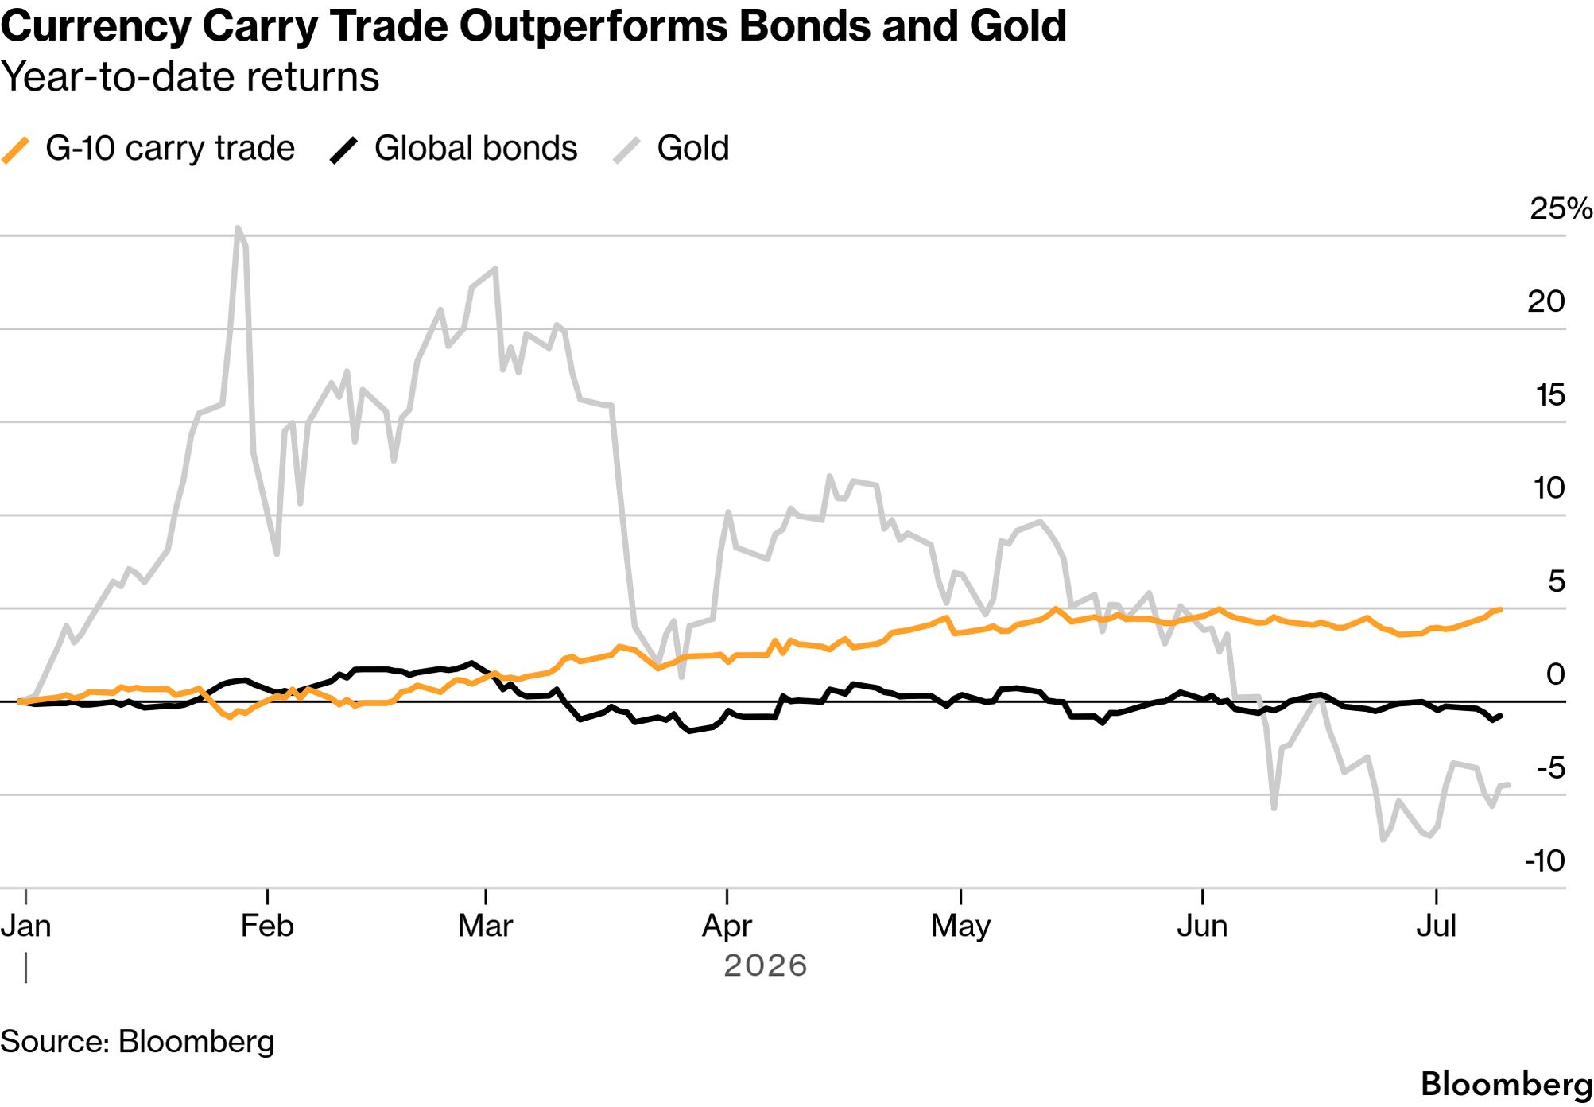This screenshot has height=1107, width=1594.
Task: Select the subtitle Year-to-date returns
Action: tap(190, 77)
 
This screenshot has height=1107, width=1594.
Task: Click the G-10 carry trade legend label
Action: tap(170, 149)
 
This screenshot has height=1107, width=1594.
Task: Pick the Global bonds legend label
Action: tap(475, 149)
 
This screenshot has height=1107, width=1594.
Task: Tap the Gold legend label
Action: tap(692, 149)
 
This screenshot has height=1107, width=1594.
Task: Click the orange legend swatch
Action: tap(16, 150)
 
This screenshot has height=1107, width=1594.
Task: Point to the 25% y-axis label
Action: tap(1561, 208)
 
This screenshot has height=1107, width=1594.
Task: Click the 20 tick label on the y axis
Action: tap(1546, 301)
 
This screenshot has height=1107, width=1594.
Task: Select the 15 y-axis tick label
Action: tap(1549, 394)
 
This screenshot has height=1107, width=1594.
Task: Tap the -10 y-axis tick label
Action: tap(1544, 860)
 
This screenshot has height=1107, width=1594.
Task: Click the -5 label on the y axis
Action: tap(1550, 767)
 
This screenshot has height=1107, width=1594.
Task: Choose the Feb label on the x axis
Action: tap(267, 926)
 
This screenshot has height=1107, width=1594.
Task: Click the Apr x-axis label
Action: tap(727, 926)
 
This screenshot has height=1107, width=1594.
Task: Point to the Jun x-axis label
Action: tap(1202, 926)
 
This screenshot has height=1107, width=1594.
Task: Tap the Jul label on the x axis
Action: tap(1436, 926)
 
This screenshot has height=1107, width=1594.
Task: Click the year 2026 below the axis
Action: tap(765, 965)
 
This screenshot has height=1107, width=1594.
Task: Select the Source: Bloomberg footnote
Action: tap(137, 1042)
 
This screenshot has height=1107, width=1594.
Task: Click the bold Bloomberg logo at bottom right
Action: tap(1507, 1084)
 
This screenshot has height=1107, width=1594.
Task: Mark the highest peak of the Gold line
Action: tap(238, 228)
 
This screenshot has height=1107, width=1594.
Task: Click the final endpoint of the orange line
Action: tap(1499, 610)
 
